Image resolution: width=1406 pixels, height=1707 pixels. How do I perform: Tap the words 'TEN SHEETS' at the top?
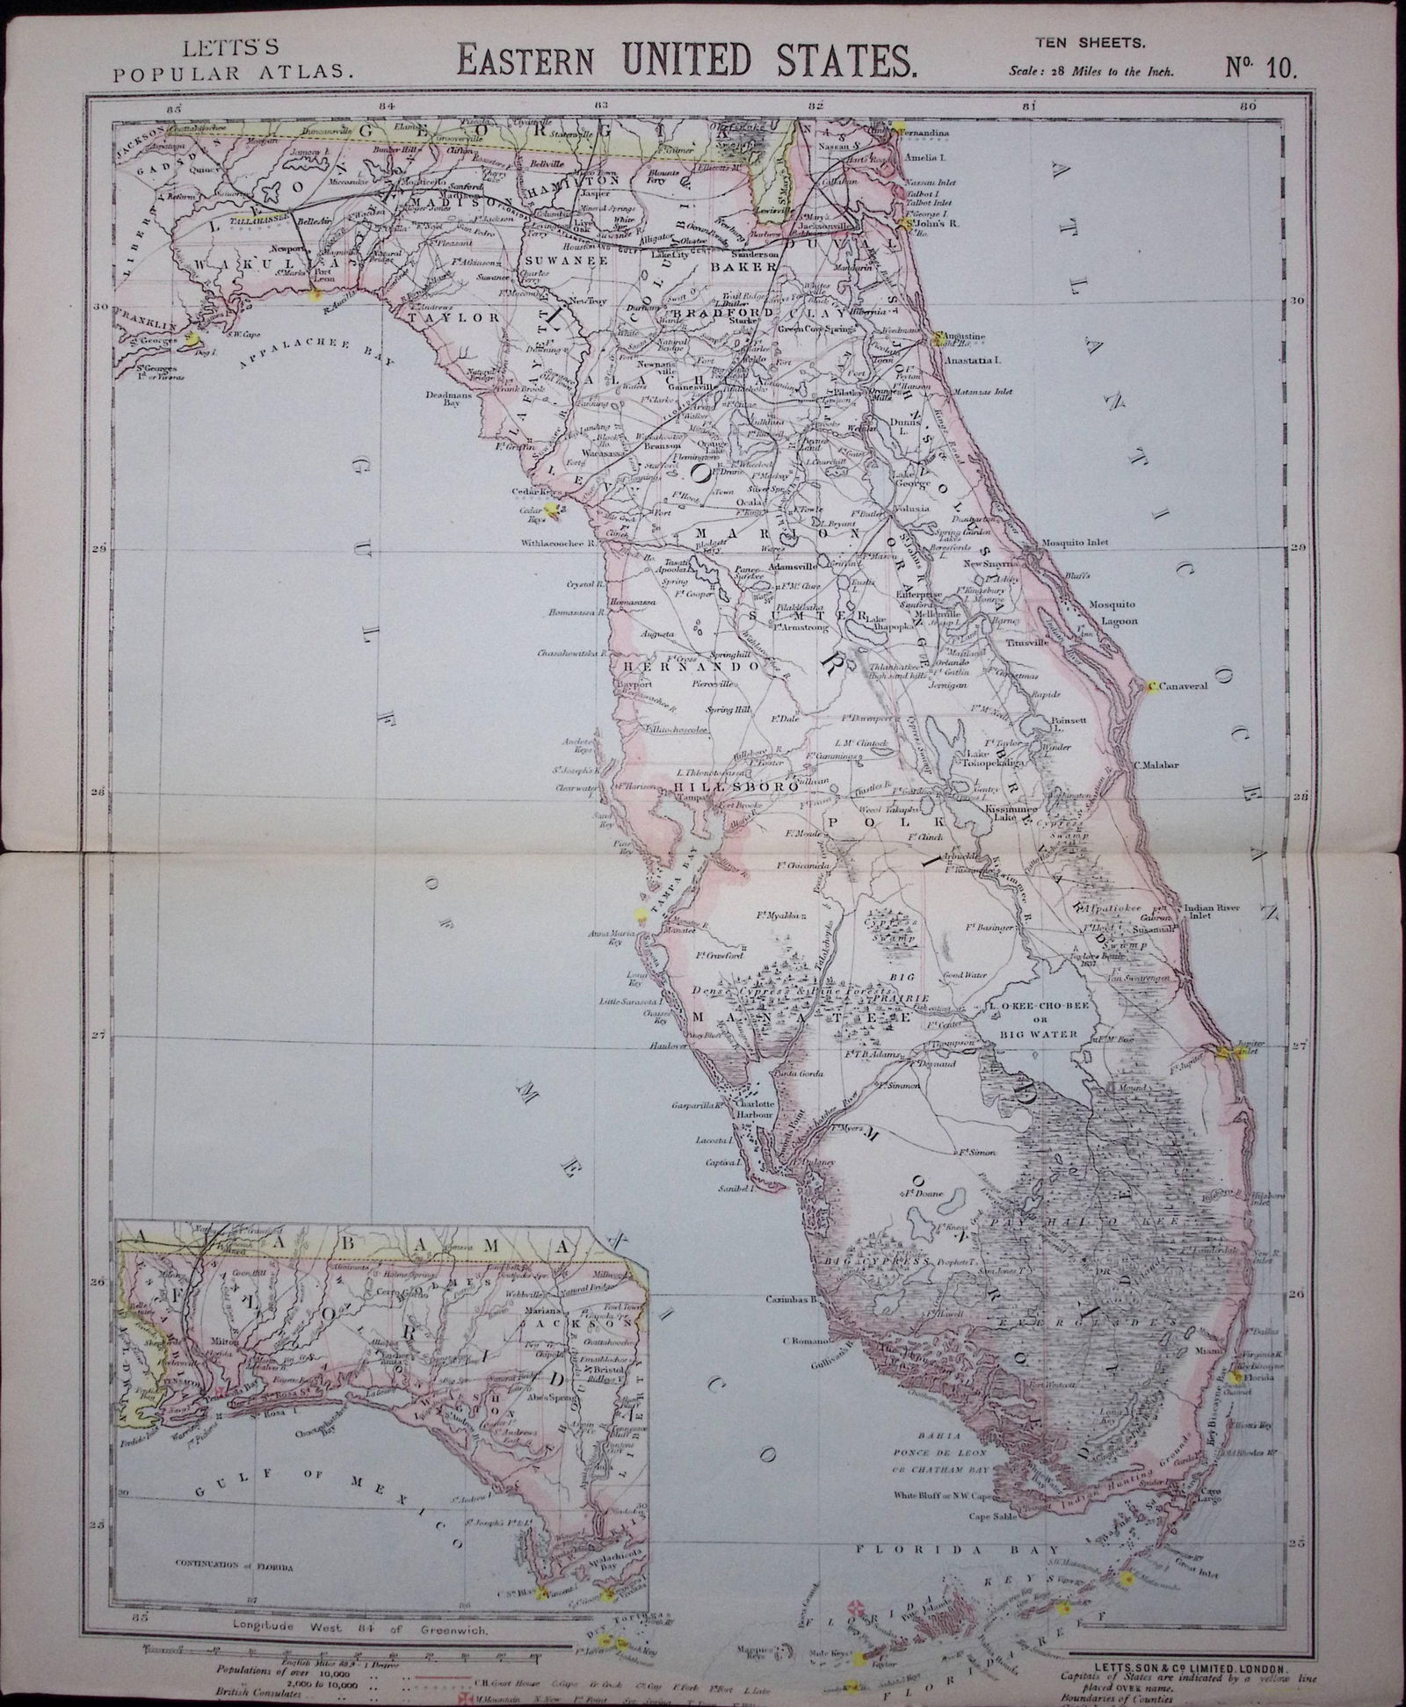(x=1088, y=40)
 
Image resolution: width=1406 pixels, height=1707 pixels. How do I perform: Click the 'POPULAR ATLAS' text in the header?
(x=235, y=72)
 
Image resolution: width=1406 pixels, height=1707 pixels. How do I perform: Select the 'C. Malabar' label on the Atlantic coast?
(x=1165, y=765)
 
